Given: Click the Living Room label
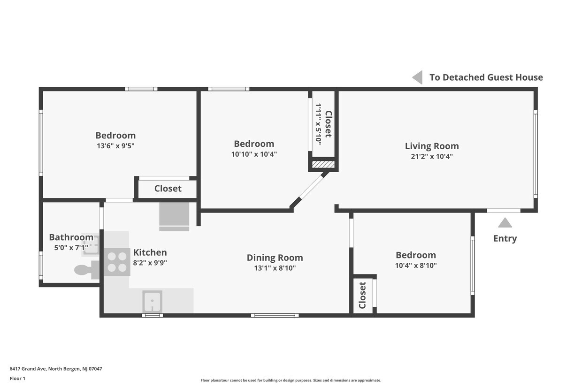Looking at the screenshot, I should (432, 146).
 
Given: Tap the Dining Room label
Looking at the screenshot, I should (275, 258).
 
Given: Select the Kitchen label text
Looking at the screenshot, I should (150, 252).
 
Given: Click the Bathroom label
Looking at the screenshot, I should (71, 237).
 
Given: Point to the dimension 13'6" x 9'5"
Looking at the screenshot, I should (115, 146).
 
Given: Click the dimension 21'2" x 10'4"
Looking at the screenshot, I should (432, 157).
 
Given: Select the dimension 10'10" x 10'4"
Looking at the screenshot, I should (254, 154).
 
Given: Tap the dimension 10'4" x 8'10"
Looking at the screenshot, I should (415, 266).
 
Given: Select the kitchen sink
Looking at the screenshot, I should (152, 302).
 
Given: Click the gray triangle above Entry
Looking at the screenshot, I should (505, 223).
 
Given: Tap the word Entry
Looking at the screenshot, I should (505, 238).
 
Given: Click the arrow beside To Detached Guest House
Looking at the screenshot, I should (417, 77).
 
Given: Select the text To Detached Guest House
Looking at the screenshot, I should (486, 77).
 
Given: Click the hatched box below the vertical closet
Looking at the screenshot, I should (323, 165).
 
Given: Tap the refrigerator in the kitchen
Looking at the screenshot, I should (174, 216).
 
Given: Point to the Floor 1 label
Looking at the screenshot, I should (17, 378).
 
